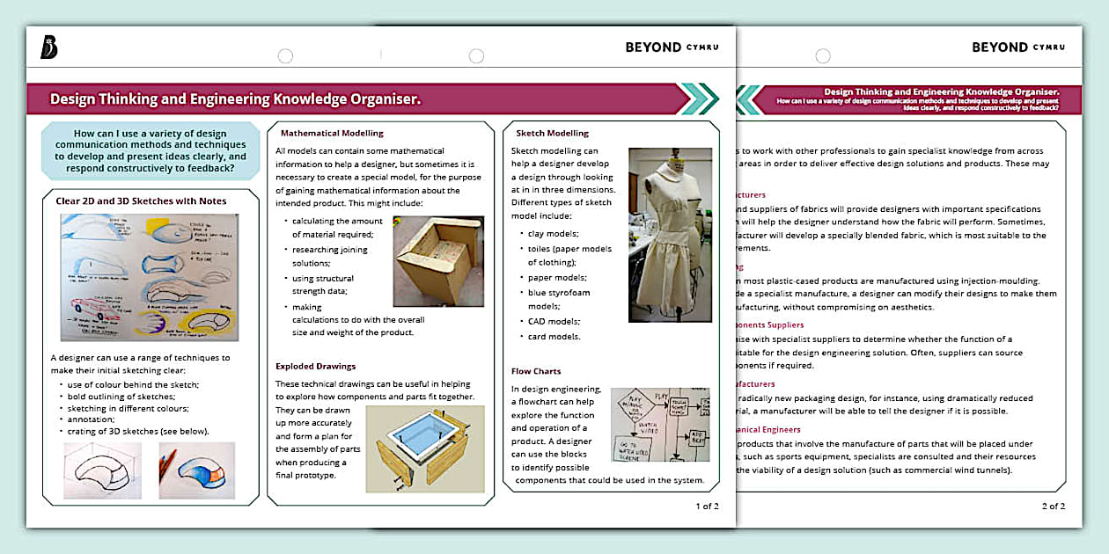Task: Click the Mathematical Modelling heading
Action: click(332, 134)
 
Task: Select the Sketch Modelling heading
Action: click(552, 134)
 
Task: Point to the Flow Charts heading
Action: click(536, 371)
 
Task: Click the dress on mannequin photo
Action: click(670, 234)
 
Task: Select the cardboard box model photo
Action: click(437, 261)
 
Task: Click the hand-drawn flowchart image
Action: click(659, 425)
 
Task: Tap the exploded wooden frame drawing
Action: click(424, 448)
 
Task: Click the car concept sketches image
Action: click(149, 277)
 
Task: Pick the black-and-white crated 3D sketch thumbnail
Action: click(103, 470)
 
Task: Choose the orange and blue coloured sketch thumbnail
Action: click(197, 470)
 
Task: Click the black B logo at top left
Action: click(49, 48)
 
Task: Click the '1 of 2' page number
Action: click(707, 507)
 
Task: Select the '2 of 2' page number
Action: click(1054, 507)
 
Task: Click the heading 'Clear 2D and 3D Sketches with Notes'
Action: click(141, 201)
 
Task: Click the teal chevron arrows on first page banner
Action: click(699, 98)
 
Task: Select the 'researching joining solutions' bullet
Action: click(329, 256)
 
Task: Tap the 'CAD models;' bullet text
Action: click(554, 321)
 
